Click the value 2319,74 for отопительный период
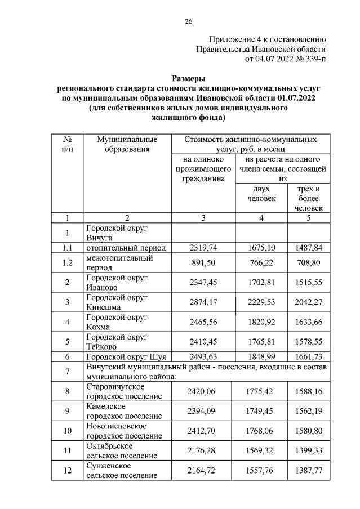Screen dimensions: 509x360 (199, 247)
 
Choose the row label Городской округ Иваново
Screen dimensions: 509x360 (116, 282)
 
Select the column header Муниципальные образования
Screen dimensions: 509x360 (127, 144)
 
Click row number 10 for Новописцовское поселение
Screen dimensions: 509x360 (67, 431)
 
